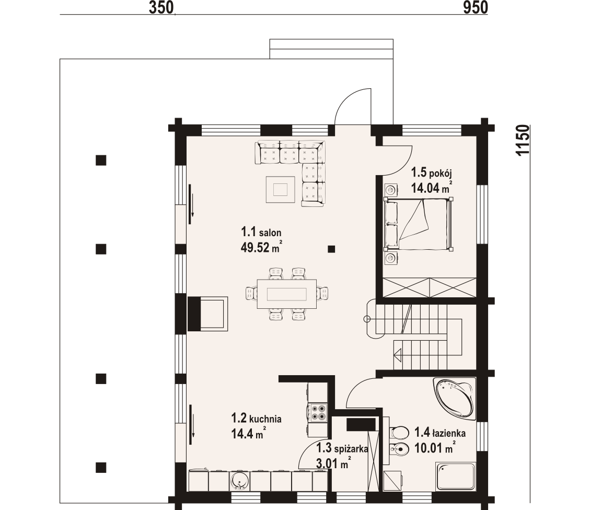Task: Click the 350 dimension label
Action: point(161,7)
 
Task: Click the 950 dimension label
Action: point(476,7)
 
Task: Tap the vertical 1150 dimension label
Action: point(523,140)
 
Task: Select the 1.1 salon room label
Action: point(261,231)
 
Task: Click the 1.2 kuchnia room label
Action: point(256,418)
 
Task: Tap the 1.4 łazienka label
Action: point(440,433)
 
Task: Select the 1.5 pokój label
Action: point(431,172)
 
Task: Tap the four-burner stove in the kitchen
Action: point(317,412)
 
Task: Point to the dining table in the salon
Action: point(287,294)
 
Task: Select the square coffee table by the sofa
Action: point(280,189)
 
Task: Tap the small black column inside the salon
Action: point(331,249)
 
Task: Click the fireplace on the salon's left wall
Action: point(207,314)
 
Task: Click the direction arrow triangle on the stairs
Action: point(398,354)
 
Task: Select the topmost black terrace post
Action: point(101,160)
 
